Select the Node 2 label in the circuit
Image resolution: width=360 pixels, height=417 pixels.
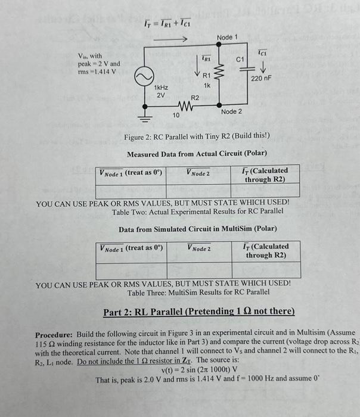(x=231, y=112)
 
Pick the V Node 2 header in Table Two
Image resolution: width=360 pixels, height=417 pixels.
(x=198, y=173)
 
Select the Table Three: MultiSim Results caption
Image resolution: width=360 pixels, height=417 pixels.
(x=198, y=292)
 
